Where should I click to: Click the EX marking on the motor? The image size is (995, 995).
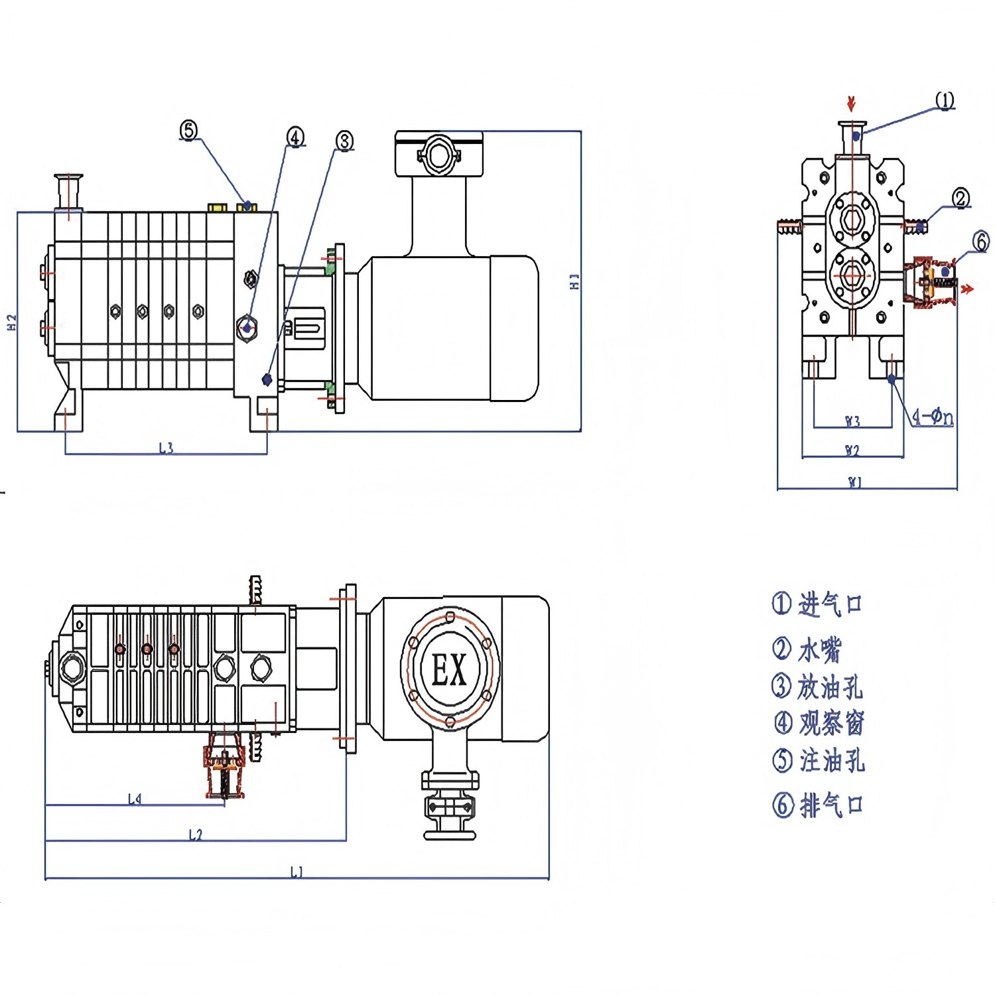point(449,669)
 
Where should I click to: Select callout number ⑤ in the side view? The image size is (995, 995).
point(189,131)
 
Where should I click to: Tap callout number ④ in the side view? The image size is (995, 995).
point(295,137)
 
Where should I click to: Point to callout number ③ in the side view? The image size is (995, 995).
point(344,141)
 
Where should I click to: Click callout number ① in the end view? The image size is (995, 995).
point(945,101)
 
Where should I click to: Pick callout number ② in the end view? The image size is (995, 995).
point(961,198)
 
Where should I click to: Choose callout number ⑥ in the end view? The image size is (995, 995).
point(980,241)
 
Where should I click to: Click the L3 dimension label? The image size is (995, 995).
point(166,448)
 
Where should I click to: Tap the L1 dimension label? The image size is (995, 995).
point(297,872)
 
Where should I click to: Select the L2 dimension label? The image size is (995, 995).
point(195,834)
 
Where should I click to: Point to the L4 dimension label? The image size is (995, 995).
point(135,799)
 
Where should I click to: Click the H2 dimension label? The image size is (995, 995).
point(11,322)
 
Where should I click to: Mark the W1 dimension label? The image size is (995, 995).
point(855,482)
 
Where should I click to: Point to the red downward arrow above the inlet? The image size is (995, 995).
point(852,103)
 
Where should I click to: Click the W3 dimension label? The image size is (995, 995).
point(852,421)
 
